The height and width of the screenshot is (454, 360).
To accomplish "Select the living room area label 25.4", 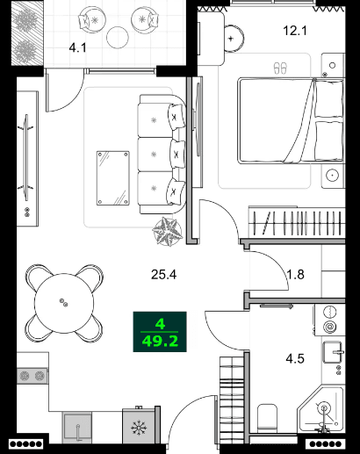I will click(163, 274).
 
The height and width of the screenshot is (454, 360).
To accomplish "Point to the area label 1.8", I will click(296, 274).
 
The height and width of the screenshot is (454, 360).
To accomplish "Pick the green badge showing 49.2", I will click(161, 332).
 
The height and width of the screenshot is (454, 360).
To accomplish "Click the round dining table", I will click(63, 302).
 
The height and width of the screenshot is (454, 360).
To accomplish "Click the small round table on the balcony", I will click(118, 37).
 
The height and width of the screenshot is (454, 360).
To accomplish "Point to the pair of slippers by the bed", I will click(280, 67).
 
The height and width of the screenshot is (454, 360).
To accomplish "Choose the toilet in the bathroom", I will click(269, 417).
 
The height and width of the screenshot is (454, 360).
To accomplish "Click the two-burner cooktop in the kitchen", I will click(32, 375).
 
